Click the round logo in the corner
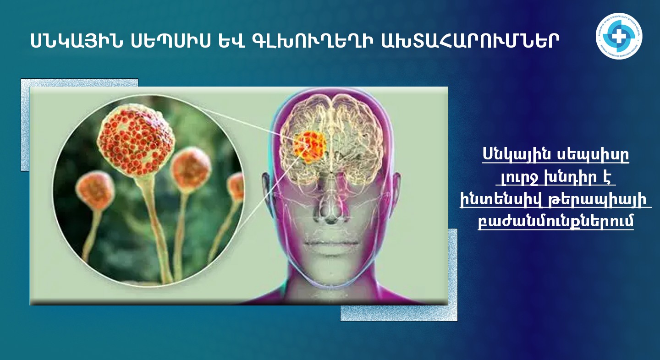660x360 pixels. click(x=619, y=36)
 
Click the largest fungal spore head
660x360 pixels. click(x=136, y=140)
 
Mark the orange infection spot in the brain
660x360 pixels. click(x=309, y=147)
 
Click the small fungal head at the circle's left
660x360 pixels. click(x=95, y=190)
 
